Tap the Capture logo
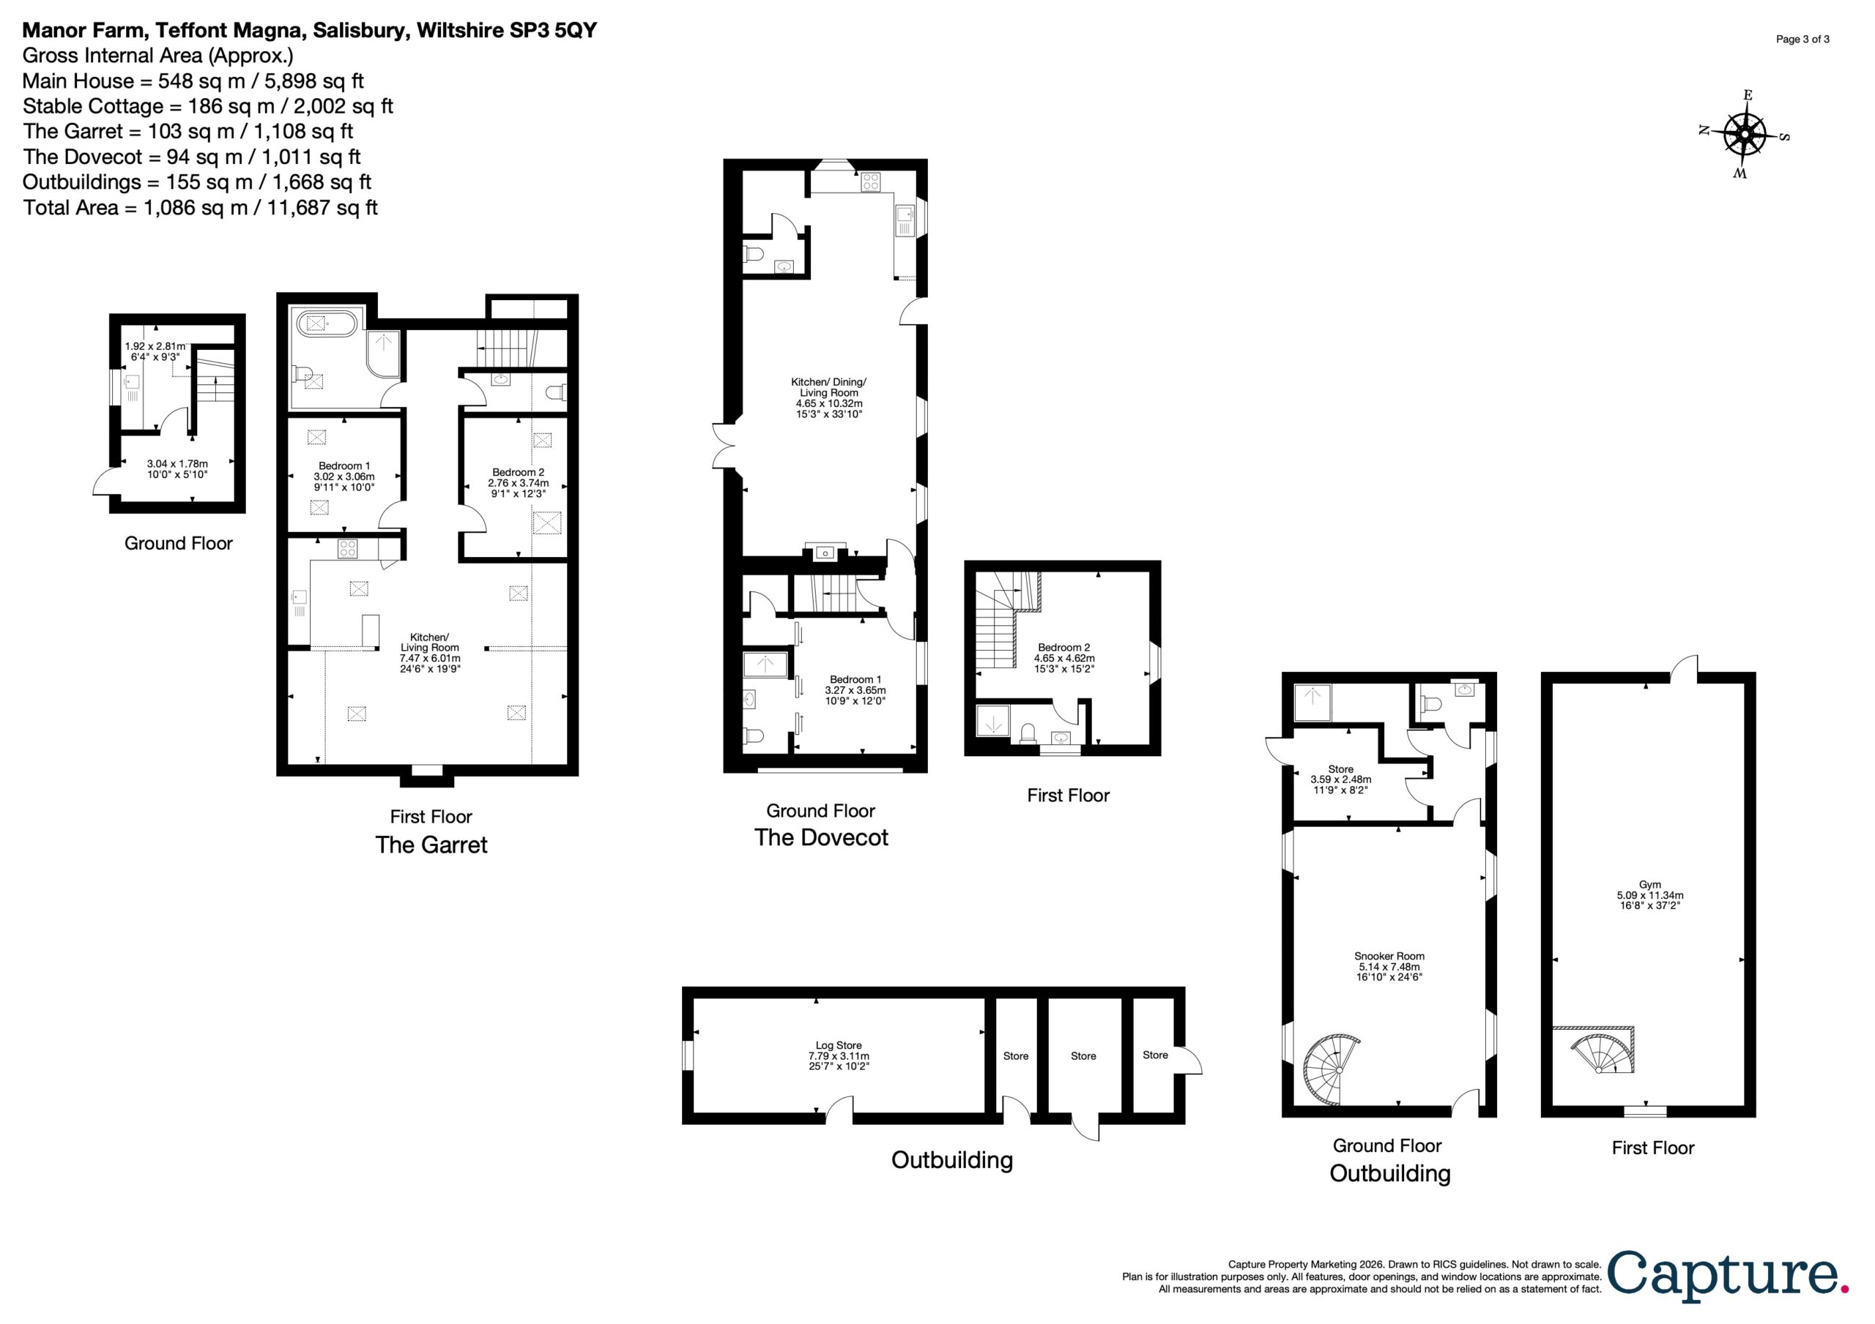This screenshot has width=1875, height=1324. (1727, 1276)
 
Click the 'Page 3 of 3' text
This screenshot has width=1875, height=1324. (1802, 40)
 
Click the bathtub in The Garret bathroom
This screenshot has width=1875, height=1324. (325, 324)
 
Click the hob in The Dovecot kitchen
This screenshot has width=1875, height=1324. (869, 183)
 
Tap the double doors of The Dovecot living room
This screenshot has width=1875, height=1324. (725, 446)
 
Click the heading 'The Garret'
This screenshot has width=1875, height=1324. (431, 845)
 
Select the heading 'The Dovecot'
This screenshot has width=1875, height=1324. (822, 837)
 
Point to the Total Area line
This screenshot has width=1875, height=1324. (200, 207)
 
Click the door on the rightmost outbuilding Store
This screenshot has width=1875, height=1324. (1188, 1060)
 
